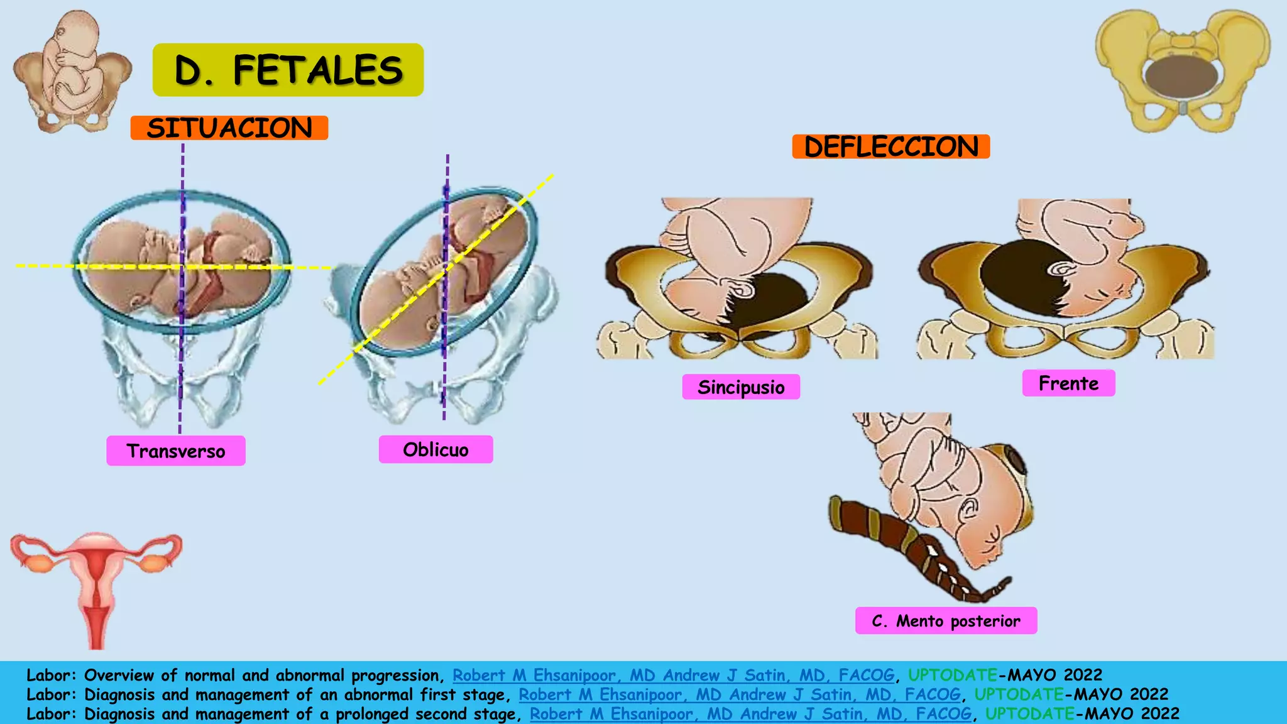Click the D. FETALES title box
click(x=288, y=70)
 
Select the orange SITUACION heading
click(x=229, y=128)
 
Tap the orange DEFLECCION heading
click(x=890, y=147)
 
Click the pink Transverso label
click(x=176, y=451)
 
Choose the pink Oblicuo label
click(x=435, y=449)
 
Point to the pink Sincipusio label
click(x=741, y=387)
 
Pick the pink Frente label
click(x=1068, y=383)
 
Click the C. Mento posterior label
click(x=946, y=621)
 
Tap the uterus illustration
click(x=96, y=584)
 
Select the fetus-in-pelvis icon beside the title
click(x=72, y=70)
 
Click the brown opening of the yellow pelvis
click(x=1181, y=77)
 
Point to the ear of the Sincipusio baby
click(x=742, y=288)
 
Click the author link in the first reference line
click(x=673, y=675)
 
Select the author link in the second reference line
click(x=739, y=694)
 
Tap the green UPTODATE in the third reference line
click(x=1029, y=714)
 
